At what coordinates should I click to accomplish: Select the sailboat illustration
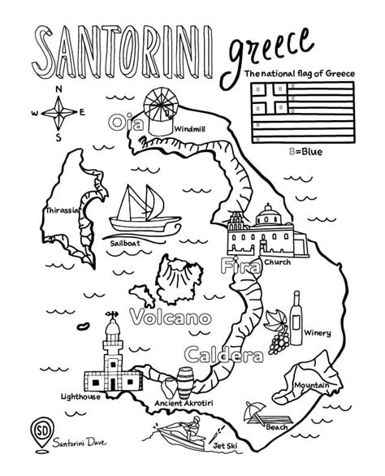coord(138,207)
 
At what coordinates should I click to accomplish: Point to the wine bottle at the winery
coord(296,312)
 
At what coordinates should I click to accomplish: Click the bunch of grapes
coord(279,335)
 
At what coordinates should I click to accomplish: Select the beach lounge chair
coord(257,416)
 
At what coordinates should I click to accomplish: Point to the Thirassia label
coord(63,210)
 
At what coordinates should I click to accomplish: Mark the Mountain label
coord(312,384)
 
